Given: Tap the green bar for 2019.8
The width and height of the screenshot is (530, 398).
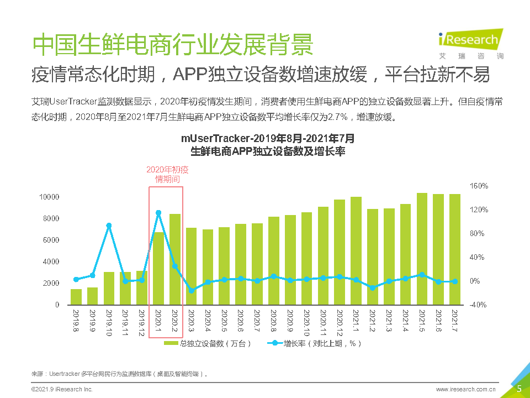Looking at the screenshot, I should [76, 297].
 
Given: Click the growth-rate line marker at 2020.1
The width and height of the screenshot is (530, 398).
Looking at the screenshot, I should [158, 212].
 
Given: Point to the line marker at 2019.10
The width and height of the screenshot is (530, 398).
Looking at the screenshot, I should [109, 226].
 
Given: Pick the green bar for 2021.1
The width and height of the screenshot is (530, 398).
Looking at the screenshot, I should [356, 250].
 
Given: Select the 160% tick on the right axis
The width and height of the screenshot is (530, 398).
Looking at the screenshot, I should [479, 186].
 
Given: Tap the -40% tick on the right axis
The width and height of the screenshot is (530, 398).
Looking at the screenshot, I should [478, 305].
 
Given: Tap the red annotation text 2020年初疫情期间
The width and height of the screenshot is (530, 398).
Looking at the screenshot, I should [167, 175].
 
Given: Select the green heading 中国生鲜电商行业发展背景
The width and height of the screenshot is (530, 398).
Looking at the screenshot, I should [173, 44].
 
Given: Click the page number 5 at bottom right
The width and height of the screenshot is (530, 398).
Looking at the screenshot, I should [519, 389].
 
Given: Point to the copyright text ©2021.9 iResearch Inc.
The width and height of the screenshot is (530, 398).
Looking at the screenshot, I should [62, 390].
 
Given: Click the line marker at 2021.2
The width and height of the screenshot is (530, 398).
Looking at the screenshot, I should [373, 287].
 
